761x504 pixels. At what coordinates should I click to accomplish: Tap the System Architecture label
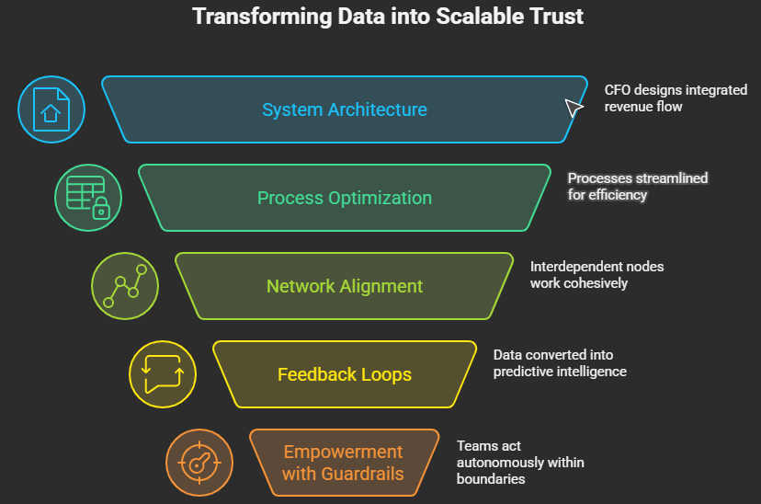345,109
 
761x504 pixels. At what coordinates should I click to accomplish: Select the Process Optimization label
345,198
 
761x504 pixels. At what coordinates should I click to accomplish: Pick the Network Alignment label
345,286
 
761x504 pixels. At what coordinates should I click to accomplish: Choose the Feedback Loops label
345,374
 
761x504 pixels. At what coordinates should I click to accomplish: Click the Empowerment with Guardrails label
343,463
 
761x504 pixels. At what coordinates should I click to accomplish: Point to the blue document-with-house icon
52,109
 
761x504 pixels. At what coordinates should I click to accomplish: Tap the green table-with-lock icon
88,198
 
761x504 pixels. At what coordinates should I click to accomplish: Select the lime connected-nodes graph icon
125,286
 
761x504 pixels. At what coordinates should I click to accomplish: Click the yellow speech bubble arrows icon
163,374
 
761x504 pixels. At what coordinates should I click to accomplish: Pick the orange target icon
199,463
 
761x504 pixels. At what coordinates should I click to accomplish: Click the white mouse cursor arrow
574,108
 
